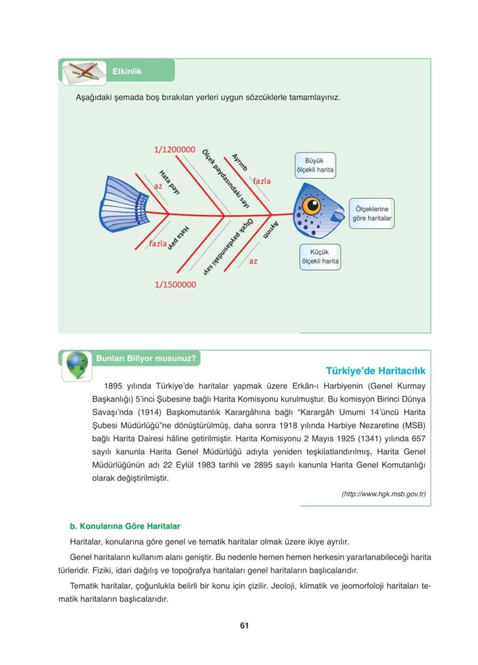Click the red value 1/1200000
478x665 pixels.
(x=175, y=149)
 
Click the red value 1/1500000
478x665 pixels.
(x=175, y=284)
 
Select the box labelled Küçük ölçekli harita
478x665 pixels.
(x=320, y=257)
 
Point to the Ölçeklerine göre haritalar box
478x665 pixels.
(x=372, y=214)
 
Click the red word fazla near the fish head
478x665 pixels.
(x=262, y=181)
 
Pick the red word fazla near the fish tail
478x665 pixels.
(x=158, y=244)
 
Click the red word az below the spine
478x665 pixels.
(x=253, y=260)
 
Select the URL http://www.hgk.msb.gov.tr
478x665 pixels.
(x=383, y=494)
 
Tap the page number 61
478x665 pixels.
(x=244, y=625)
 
